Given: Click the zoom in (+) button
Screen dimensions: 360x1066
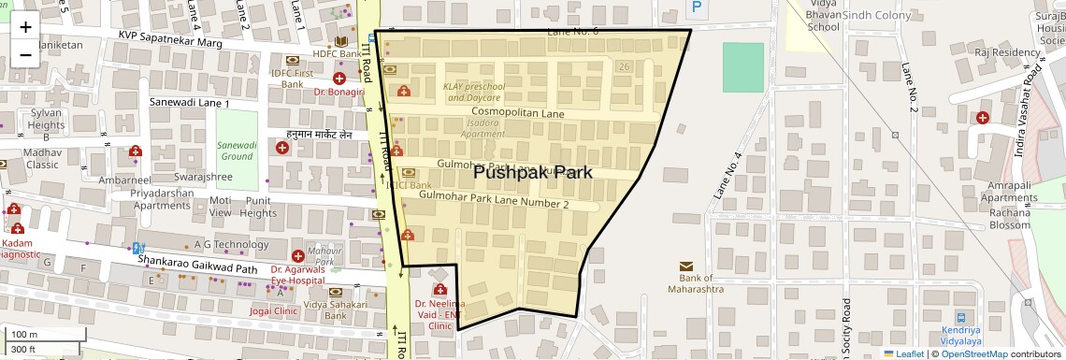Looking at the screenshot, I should pos(25,26).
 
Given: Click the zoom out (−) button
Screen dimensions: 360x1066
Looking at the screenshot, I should pos(25,54).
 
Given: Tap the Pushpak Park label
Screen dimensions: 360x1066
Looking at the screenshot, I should pos(532,172).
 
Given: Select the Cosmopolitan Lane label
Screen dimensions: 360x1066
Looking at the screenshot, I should pos(517,113).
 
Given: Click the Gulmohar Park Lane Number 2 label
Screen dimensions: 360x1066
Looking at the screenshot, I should pos(494,203).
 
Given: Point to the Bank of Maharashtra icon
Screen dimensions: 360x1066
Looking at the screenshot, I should pos(686,266).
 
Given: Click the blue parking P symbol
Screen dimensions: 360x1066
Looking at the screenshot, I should pos(696,7).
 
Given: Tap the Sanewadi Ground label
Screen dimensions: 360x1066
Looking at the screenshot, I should pos(237,151).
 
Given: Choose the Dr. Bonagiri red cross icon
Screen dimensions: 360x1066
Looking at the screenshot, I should pos(339,78).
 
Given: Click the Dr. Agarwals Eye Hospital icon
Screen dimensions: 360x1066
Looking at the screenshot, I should pos(297,255).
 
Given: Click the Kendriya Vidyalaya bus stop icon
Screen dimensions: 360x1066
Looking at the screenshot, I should pos(962,318).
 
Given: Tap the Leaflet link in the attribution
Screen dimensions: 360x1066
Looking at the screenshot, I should pos(906,353).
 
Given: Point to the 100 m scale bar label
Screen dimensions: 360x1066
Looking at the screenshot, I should pos(24,334).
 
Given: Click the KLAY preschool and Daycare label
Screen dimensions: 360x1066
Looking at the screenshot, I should pos(472,92).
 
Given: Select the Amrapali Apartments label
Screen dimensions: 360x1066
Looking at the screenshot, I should pos(1009,192).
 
